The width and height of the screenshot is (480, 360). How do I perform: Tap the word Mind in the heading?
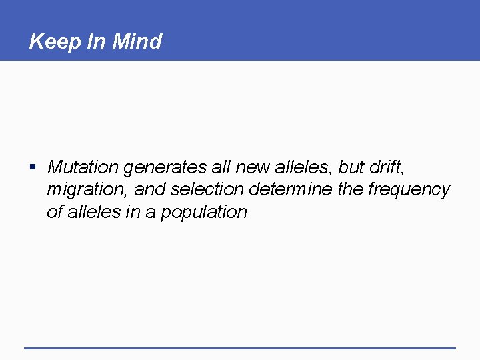137,42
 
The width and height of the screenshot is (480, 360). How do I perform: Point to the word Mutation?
83,167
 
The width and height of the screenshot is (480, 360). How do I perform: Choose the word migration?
87,190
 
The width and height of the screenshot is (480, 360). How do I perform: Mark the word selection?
207,189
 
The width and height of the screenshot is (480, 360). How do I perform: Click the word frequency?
409,190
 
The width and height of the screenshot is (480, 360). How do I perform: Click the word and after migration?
150,189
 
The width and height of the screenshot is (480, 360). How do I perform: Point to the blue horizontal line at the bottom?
240,347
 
